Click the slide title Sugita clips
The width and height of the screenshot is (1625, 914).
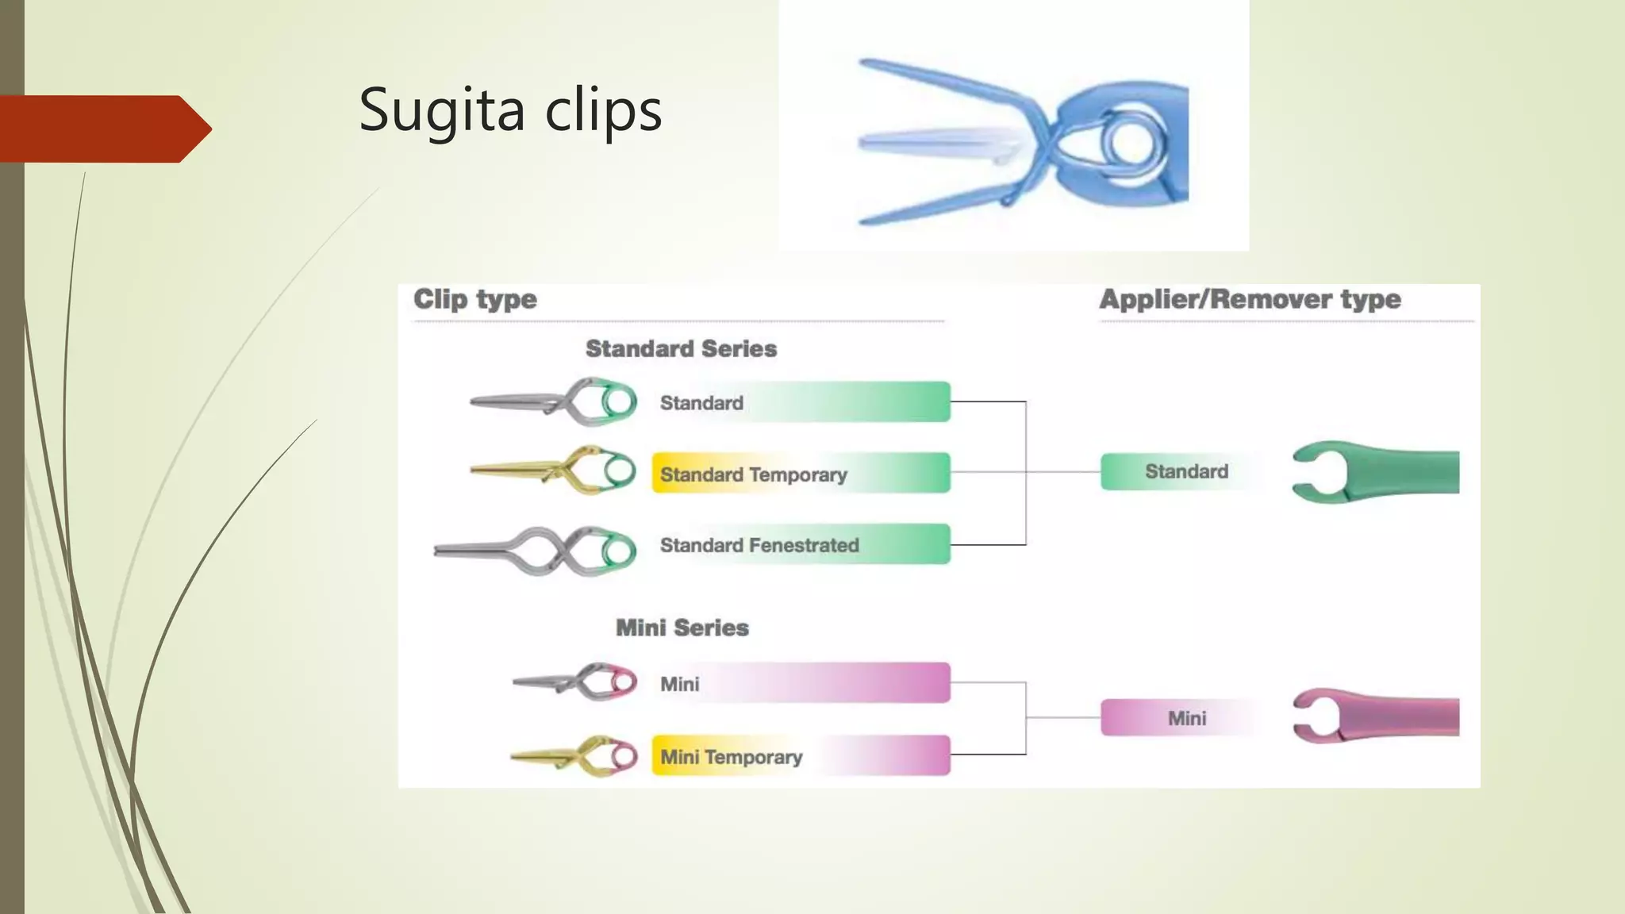[x=510, y=109]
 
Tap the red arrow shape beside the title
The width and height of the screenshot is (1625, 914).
[x=103, y=129]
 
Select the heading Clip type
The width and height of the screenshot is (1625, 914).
[x=474, y=300]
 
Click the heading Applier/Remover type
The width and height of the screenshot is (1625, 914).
[x=1250, y=300]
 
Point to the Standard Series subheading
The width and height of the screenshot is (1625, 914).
[x=681, y=349]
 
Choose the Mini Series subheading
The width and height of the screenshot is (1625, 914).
[x=682, y=628]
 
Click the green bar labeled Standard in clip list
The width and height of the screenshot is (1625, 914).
[x=801, y=402]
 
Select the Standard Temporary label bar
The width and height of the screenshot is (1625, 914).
[x=801, y=474]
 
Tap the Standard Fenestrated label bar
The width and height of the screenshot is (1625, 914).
[x=801, y=545]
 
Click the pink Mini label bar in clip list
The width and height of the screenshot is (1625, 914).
[x=801, y=683]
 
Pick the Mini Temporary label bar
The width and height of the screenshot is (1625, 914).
[x=801, y=756]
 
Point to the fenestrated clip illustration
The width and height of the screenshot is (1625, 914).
[x=536, y=551]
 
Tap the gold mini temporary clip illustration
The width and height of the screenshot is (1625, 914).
[x=575, y=756]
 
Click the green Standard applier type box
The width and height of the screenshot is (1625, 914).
[x=1185, y=472]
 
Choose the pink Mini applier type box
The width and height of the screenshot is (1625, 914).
[x=1185, y=718]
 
